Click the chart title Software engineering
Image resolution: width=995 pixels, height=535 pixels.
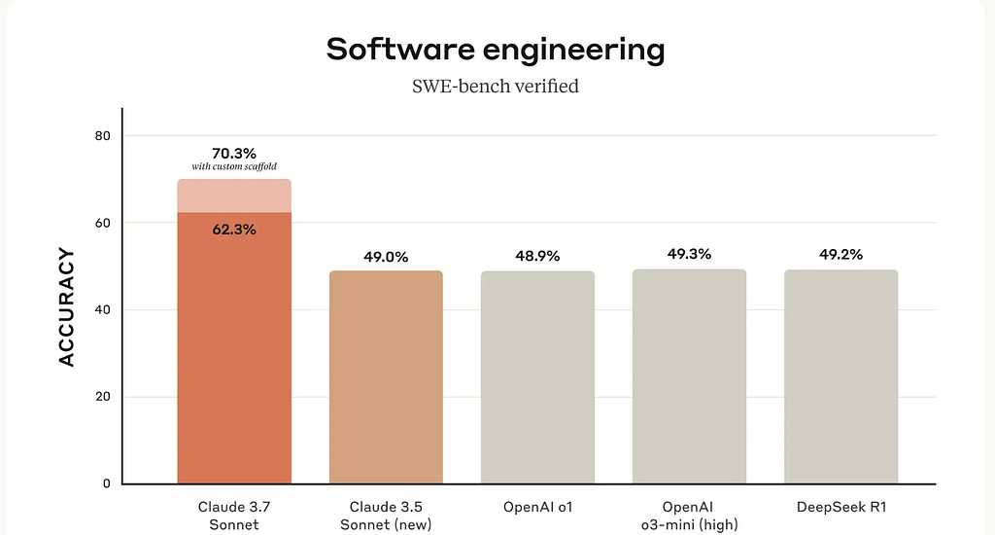496,50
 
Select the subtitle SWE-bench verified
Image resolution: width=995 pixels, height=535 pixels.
496,87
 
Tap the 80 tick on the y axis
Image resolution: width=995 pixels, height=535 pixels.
103,135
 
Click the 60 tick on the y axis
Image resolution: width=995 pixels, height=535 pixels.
103,223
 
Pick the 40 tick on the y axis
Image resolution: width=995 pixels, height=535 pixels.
103,309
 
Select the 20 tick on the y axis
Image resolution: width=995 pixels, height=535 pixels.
103,397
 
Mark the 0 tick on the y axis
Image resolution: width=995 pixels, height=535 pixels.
107,483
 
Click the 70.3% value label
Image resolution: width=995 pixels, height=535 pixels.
234,153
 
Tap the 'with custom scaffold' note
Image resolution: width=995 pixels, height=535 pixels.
234,167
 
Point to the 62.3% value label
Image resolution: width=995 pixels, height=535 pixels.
234,230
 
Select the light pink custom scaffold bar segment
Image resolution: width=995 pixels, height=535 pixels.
234,196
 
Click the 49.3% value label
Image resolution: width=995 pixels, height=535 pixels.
689,254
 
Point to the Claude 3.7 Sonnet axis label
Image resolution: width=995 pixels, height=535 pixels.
234,516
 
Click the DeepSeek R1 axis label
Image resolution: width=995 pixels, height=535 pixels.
841,508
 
